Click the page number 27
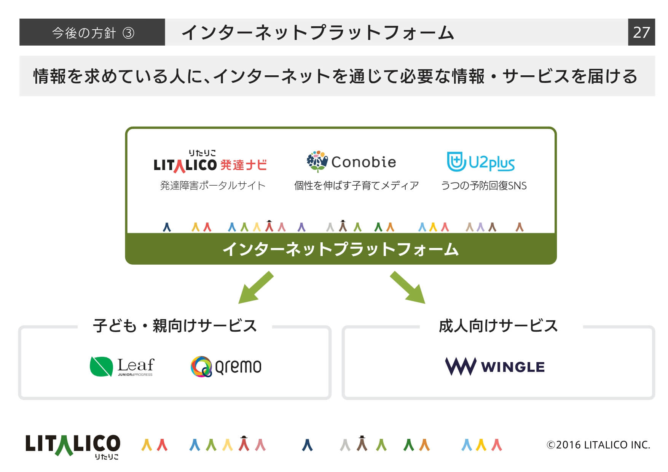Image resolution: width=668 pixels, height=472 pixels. coord(641,32)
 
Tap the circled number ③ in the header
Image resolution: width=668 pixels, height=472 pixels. coord(129,33)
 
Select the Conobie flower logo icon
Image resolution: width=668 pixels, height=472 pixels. coord(317,162)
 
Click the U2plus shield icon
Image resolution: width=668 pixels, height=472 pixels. coord(456,162)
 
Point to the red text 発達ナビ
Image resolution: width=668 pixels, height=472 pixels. coord(244,165)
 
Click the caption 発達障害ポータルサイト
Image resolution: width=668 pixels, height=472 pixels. coord(213,186)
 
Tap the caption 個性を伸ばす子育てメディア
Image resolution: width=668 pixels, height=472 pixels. coord(357,186)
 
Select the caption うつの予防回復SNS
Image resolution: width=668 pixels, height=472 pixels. coord(484,186)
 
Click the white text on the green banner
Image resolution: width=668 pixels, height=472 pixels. coord(341,249)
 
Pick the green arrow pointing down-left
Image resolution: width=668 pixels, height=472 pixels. coord(256,288)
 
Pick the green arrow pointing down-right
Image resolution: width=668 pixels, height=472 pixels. coord(408,288)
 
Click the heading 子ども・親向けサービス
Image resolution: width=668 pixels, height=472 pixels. coord(175,326)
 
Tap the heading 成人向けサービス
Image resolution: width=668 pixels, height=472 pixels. coord(498,326)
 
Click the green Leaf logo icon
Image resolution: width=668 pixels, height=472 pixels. coord(101,367)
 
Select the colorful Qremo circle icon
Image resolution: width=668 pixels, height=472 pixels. coord(201,367)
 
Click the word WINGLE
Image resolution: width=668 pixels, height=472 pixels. coord(513,367)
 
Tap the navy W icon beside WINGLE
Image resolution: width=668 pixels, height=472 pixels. coord(461,366)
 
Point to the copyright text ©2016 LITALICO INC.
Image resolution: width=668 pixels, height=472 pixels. coord(598,445)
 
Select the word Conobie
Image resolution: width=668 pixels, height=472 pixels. coord(363,162)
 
